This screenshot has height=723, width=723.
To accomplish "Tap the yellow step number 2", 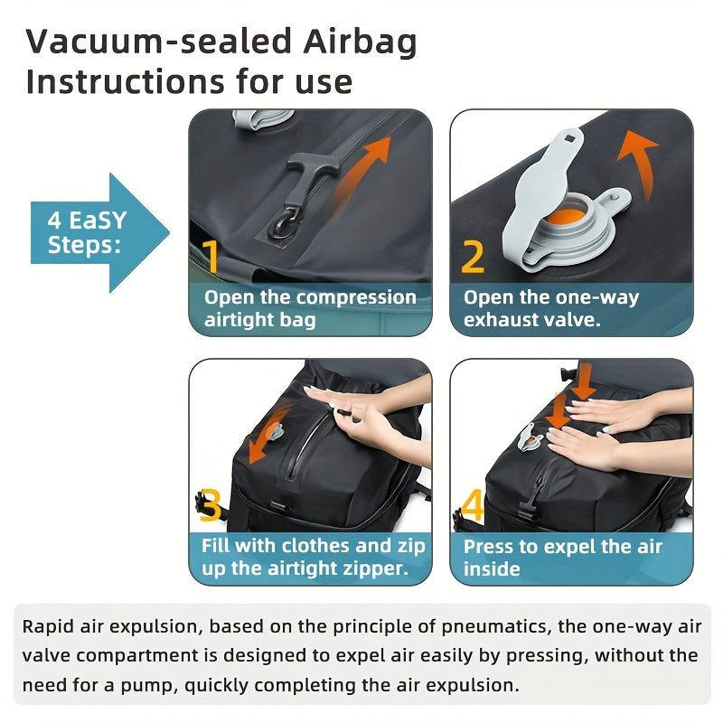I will click(x=473, y=256).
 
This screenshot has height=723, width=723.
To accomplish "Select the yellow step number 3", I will click(x=211, y=506).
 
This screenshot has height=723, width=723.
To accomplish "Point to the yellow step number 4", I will click(x=473, y=506).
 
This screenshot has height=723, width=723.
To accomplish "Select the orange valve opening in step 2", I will click(x=561, y=218).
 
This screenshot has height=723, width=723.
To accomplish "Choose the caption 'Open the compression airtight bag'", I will click(x=309, y=308).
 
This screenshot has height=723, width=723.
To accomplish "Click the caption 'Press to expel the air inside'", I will click(x=562, y=558).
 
